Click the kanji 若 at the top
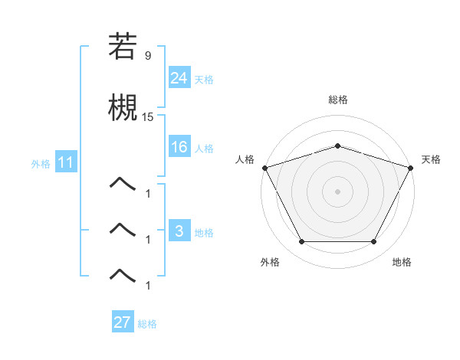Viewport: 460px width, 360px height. pos(123,47)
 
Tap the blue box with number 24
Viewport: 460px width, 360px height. pos(179,77)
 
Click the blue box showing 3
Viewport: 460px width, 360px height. pos(179,231)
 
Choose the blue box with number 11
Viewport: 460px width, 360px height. pos(65,162)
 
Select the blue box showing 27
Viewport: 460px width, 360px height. pos(123,322)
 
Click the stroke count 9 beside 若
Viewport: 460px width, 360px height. pos(148,56)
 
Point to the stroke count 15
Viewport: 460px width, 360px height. pos(148,117)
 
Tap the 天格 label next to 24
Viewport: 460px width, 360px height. pos(204,80)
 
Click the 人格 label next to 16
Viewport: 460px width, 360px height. pos(204,149)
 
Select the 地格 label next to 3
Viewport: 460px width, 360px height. pos(204,233)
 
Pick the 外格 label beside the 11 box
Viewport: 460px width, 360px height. pos(41,164)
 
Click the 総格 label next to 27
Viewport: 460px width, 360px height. pos(147,324)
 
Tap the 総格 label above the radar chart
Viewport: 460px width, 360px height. pos(337,100)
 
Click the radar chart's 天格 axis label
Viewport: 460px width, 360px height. pos(431,159)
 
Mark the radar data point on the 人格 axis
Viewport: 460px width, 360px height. pos(264,168)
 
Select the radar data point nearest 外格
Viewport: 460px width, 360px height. pos(301,242)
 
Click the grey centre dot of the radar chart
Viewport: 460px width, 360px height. pos(337,191)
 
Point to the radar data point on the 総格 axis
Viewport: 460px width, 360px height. pos(337,146)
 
